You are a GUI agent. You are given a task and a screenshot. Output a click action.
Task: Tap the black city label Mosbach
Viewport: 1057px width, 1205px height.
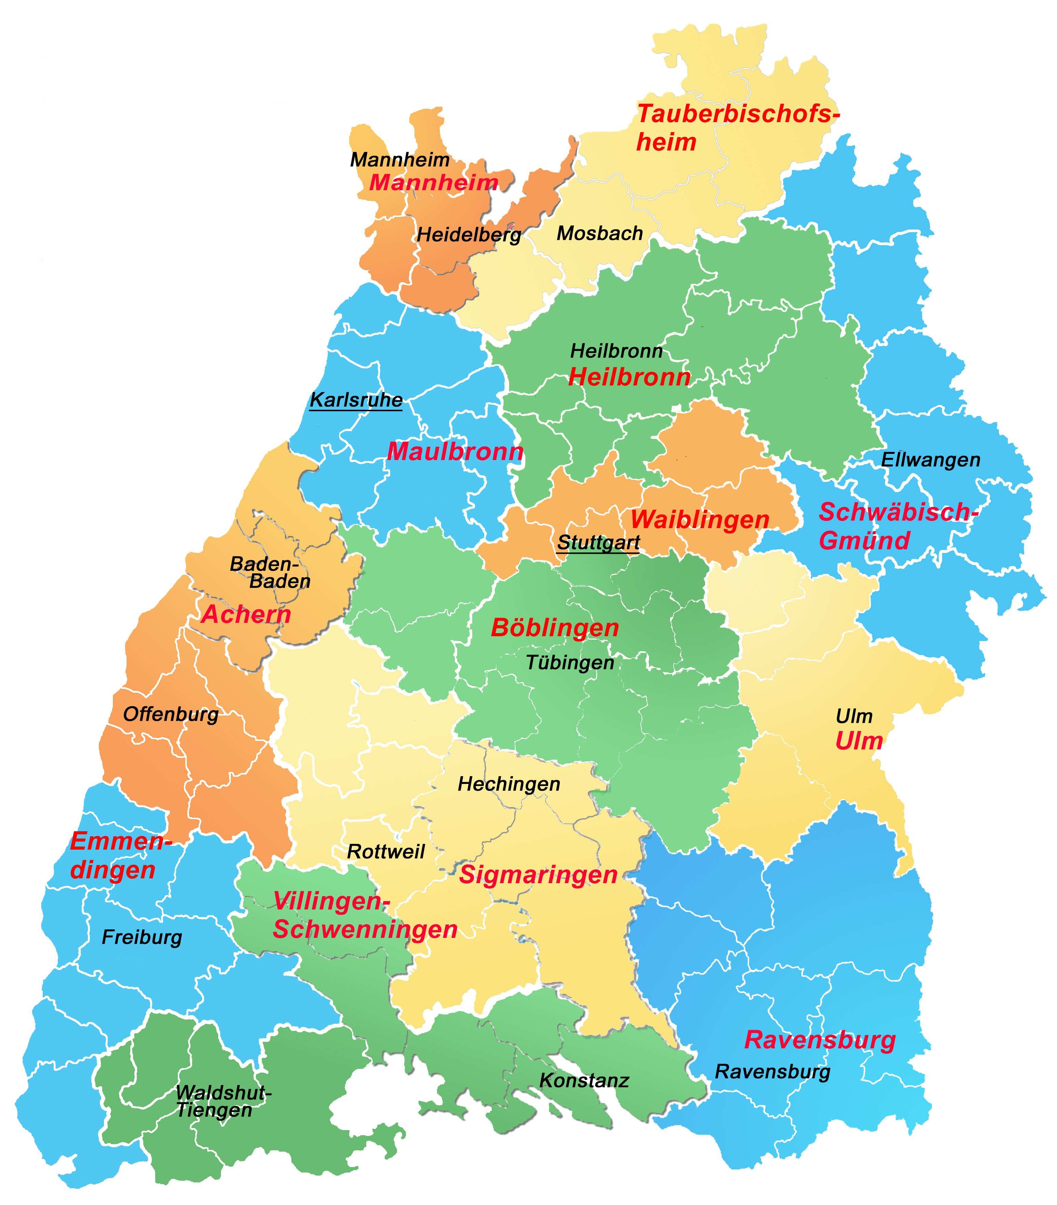pos(599,234)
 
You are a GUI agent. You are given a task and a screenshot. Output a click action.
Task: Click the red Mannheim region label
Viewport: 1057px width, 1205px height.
pos(433,183)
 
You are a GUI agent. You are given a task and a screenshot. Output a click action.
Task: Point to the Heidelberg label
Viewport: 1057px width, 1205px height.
pos(469,235)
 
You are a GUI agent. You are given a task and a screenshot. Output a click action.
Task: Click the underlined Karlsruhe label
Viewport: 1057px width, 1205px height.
pos(356,400)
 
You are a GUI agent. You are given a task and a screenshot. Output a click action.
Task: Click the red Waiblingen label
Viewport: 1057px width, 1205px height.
pos(700,519)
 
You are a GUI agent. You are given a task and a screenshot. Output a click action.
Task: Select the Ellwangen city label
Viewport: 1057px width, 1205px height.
pos(930,459)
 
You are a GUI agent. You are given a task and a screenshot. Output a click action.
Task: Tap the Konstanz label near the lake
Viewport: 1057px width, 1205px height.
pos(584,1080)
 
